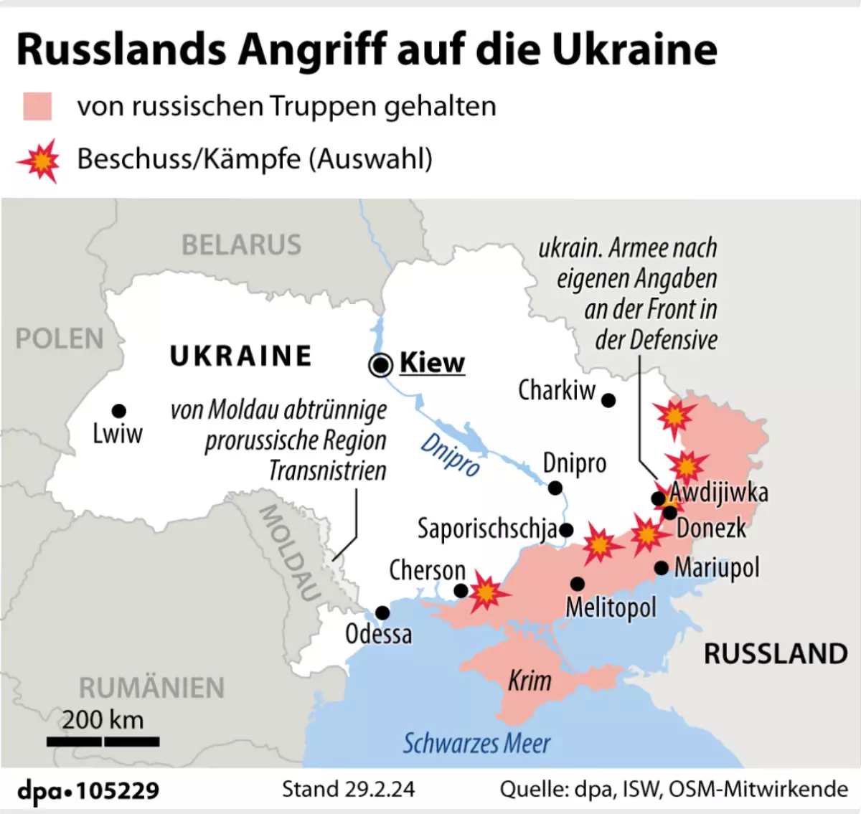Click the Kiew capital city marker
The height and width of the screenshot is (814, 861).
point(380,365)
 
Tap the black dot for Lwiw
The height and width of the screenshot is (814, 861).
point(119,410)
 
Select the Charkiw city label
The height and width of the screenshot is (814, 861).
point(557,391)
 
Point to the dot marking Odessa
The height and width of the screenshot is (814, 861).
point(382,612)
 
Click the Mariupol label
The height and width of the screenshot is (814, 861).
point(716,568)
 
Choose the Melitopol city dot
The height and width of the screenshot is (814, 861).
point(578,584)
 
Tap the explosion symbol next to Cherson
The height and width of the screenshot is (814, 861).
point(487,592)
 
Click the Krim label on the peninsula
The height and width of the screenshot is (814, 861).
point(530,681)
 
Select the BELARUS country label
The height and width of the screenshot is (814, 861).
point(241,245)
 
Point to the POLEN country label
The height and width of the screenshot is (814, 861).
point(60,339)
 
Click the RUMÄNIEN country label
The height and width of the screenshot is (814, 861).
point(151,688)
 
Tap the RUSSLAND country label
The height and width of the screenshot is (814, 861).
point(776,654)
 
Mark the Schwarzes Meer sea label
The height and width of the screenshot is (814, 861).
point(476,744)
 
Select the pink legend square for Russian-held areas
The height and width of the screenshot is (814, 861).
point(37,106)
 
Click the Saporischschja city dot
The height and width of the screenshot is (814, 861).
point(566,531)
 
